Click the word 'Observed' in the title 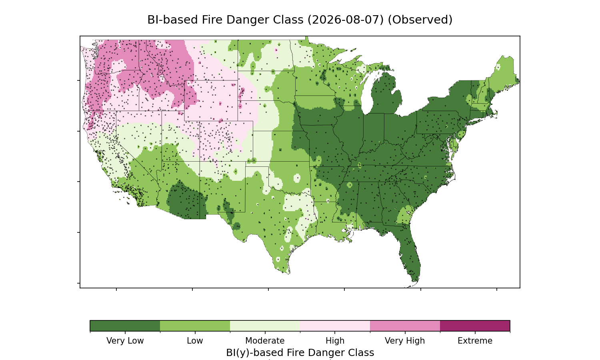pos(420,20)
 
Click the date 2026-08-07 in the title pos(346,20)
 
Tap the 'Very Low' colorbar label pos(125,341)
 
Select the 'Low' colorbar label pos(195,341)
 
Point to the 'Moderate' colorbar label pos(265,341)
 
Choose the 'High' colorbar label pos(335,341)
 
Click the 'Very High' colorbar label pos(405,341)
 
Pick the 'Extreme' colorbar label pos(475,341)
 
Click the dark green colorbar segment pos(125,326)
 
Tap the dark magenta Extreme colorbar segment pos(475,326)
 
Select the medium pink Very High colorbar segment pos(405,326)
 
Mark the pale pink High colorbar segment pos(335,326)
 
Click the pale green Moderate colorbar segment pos(265,326)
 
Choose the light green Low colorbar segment pos(195,326)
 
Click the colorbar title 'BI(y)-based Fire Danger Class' pos(300,353)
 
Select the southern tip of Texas pos(288,273)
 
